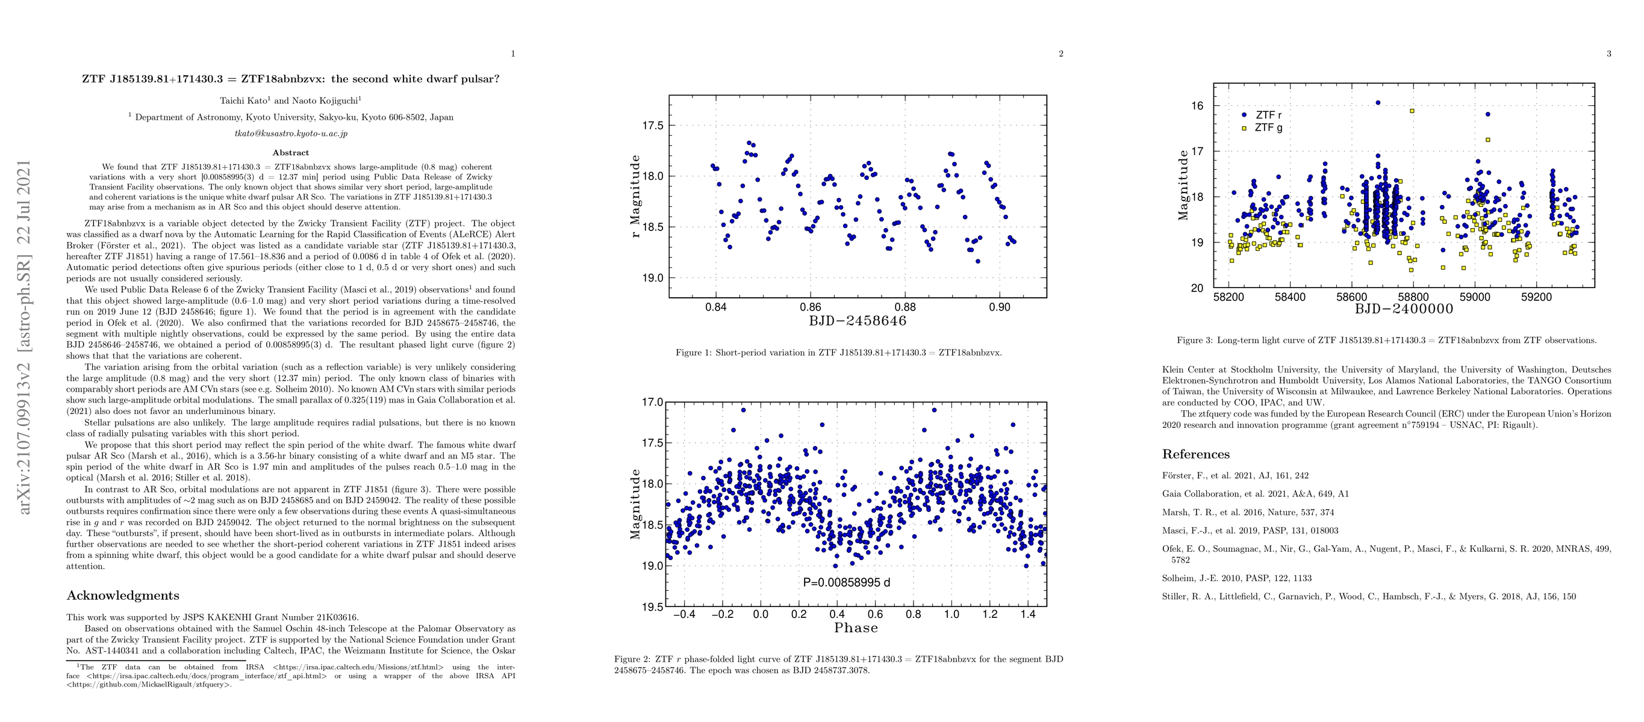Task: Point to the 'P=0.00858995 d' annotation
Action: pos(846,582)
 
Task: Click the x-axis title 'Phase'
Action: pos(856,628)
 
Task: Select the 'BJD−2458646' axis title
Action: pos(857,320)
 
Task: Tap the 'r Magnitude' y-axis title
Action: pos(634,196)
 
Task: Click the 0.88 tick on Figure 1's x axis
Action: pos(905,307)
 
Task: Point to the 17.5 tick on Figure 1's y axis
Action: pos(652,126)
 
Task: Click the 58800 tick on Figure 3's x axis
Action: pos(1413,297)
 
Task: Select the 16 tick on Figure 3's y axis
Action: pos(1197,106)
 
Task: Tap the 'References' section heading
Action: pos(1195,454)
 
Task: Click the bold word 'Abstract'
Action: pos(290,152)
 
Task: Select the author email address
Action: pos(290,134)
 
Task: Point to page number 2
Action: pos(1060,54)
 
